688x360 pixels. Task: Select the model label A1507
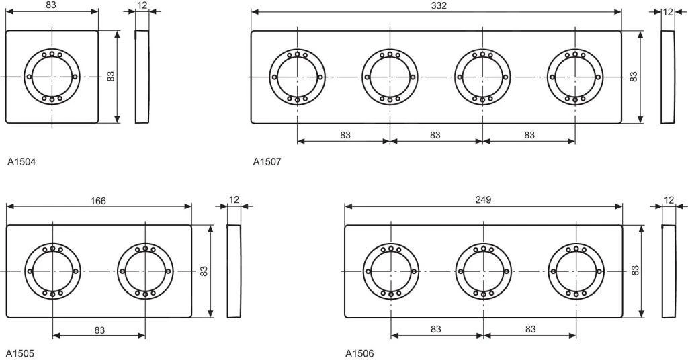(x=267, y=161)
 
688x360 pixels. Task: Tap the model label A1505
(x=20, y=353)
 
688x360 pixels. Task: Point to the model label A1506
(x=359, y=353)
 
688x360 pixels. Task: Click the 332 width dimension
(x=439, y=5)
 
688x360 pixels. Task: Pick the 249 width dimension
(x=483, y=199)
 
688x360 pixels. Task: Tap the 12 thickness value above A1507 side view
(x=667, y=11)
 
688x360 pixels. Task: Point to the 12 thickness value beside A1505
(x=234, y=199)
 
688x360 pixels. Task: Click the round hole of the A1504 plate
(x=52, y=77)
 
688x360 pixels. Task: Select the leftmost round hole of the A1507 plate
(x=298, y=77)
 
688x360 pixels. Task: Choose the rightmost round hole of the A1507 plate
(x=575, y=77)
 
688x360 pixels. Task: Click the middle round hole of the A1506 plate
(x=483, y=271)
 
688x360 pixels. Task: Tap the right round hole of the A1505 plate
(x=145, y=271)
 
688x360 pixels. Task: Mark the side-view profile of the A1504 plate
(x=142, y=77)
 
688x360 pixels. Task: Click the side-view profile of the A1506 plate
(x=669, y=271)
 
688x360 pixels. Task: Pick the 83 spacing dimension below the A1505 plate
(x=99, y=330)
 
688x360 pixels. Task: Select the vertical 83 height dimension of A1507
(x=633, y=77)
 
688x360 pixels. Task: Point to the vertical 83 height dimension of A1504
(x=111, y=77)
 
